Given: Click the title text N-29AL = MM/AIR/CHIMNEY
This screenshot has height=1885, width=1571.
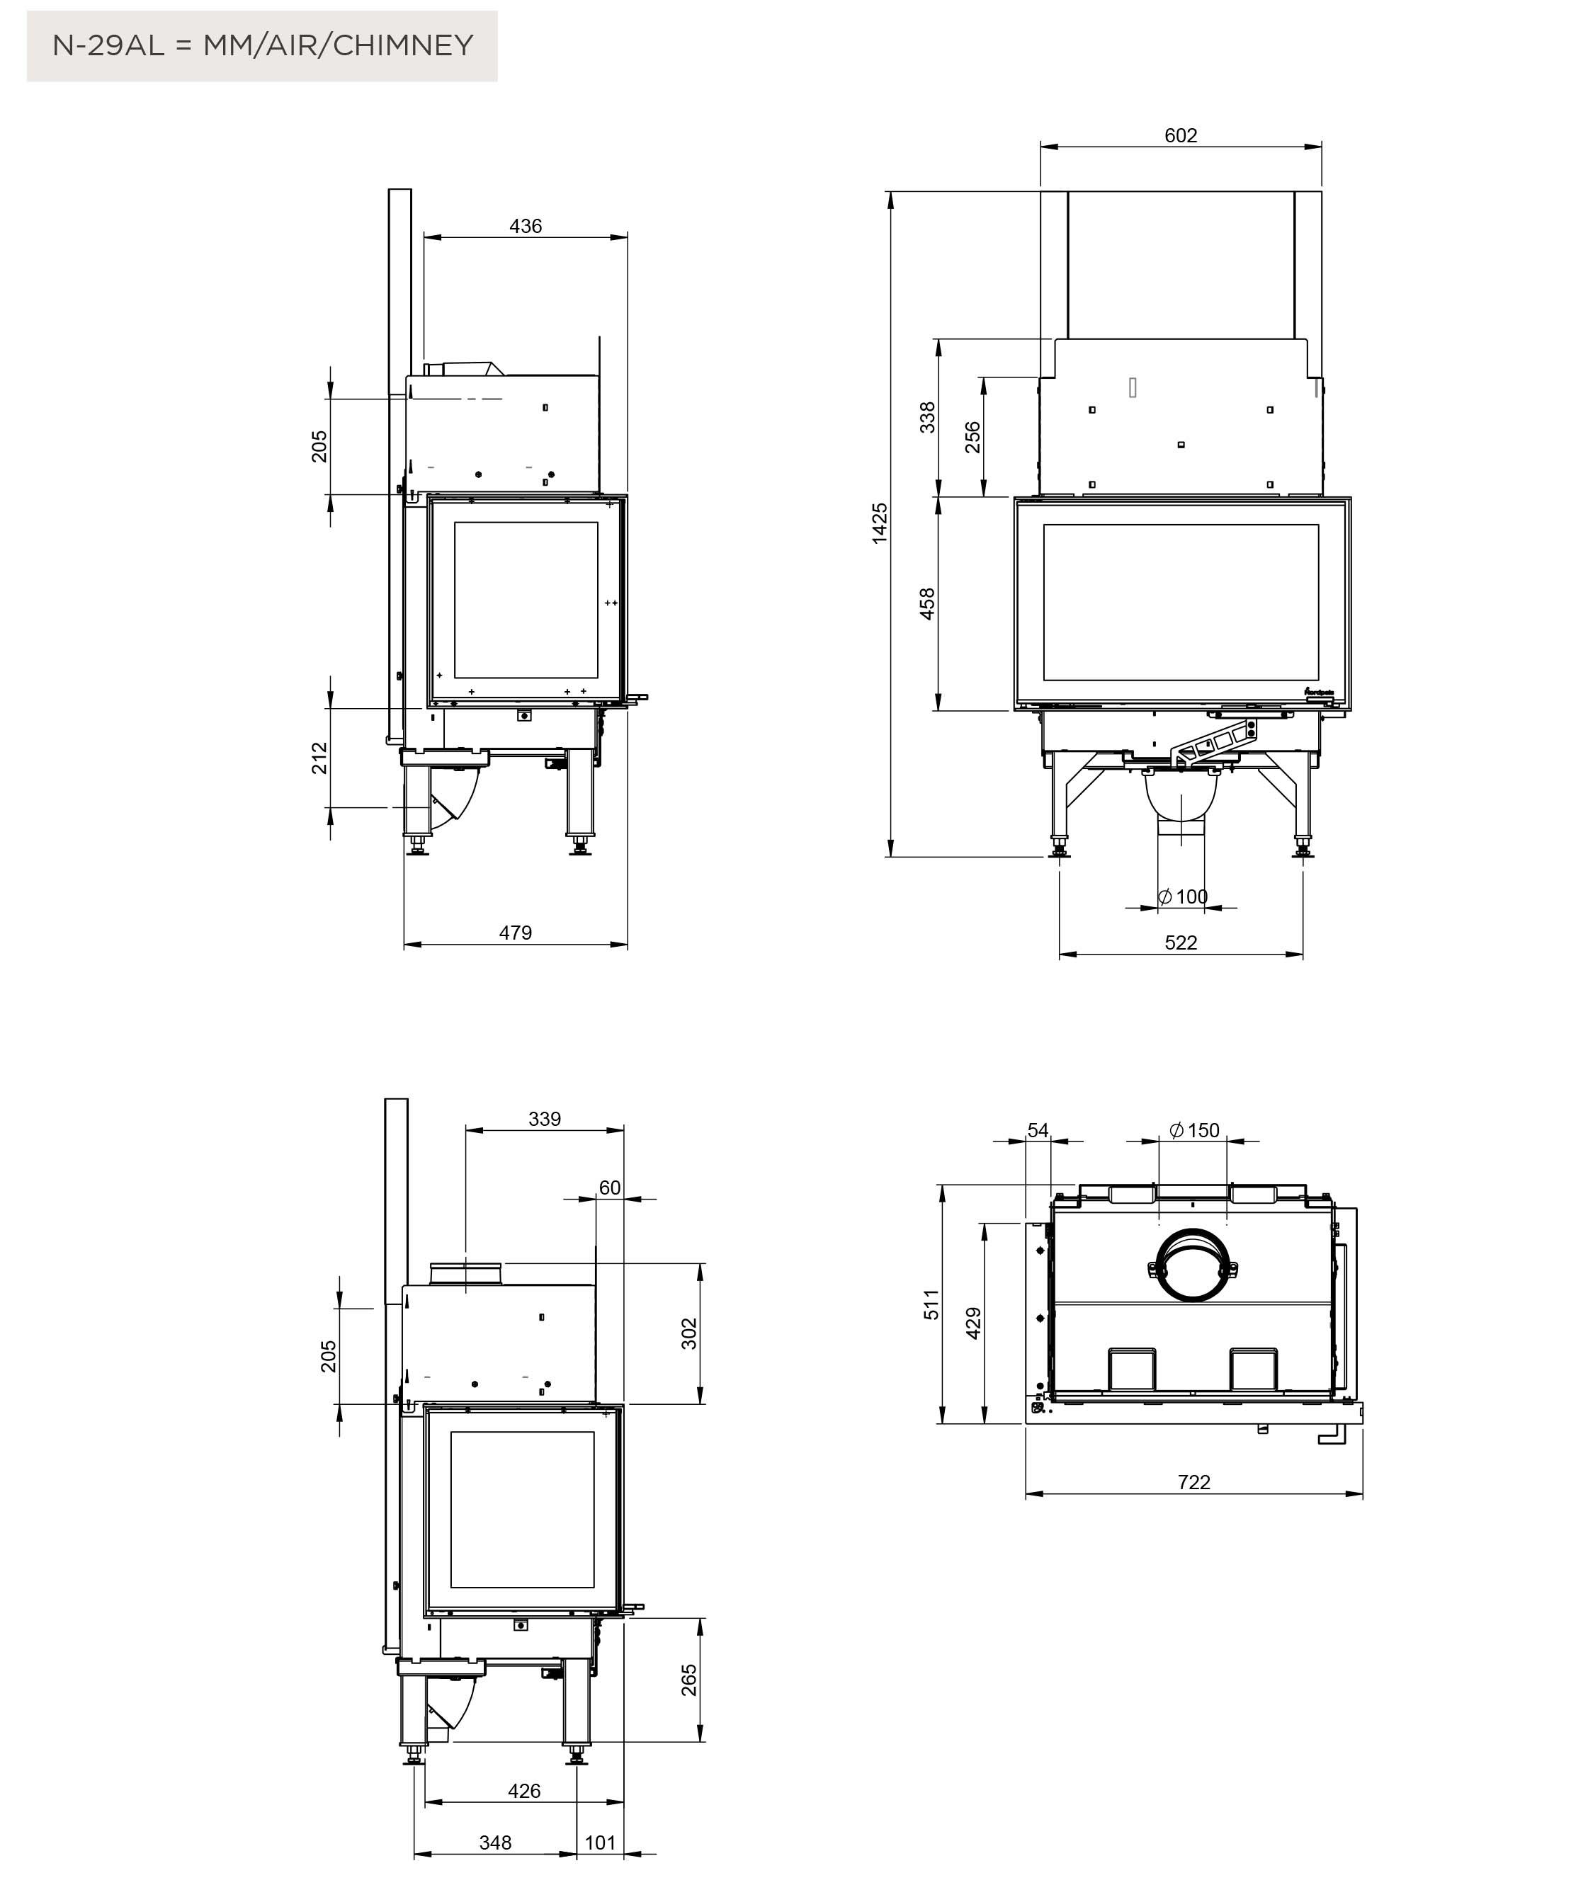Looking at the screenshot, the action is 262,45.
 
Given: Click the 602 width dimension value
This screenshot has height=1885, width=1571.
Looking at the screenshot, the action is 1181,135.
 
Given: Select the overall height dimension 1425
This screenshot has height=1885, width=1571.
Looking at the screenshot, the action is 880,523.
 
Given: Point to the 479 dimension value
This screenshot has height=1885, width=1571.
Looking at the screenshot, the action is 516,933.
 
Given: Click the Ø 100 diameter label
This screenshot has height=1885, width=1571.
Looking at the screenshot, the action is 1182,896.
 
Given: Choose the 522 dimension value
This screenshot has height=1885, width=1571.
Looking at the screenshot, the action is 1181,942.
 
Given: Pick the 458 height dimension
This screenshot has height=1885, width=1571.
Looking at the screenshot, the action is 927,603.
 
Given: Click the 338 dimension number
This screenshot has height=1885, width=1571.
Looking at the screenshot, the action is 927,417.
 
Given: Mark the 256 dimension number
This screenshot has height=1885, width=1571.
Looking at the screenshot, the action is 972,437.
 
